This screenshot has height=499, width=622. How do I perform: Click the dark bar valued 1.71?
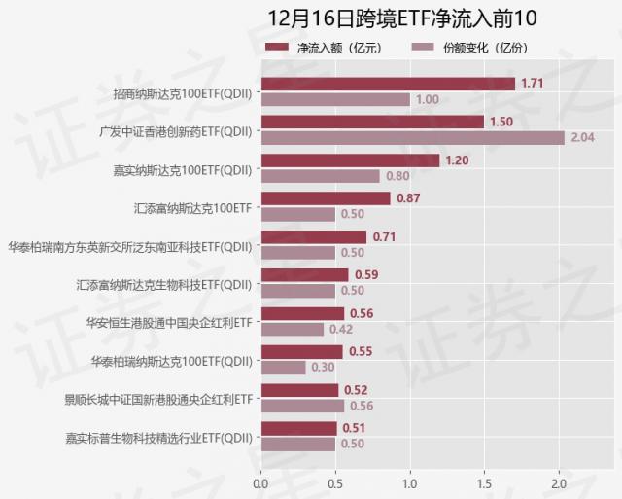point(388,84)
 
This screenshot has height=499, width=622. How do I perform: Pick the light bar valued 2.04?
point(412,137)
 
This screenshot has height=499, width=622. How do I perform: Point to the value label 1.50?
point(501,122)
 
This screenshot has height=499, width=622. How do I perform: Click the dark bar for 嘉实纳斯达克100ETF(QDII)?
point(350,160)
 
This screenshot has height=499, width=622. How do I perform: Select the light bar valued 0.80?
point(320,176)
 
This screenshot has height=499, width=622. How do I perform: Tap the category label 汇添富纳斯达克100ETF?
point(192,206)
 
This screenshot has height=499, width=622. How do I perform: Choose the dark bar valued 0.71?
point(313,236)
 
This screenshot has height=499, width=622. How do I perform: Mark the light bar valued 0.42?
point(292,329)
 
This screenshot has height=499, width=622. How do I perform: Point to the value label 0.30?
point(322,368)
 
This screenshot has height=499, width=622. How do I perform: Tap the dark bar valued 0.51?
point(298,428)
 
